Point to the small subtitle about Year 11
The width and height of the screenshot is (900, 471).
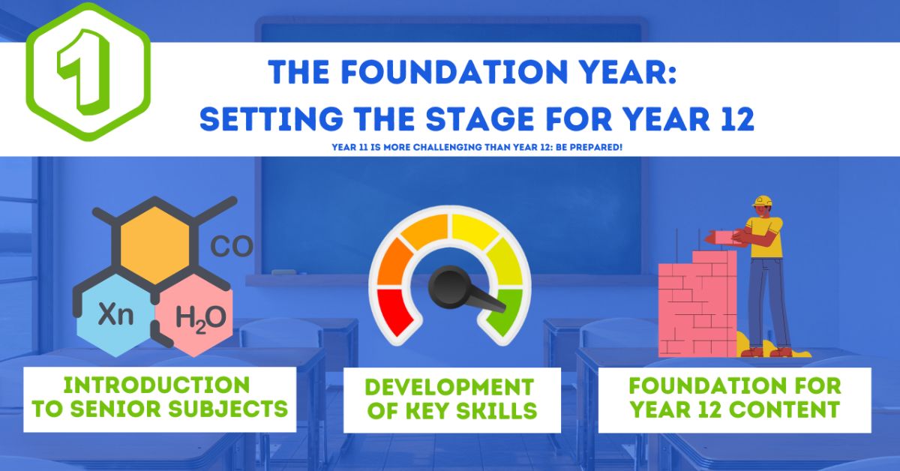(x=477, y=147)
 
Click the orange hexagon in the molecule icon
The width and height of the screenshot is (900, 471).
(x=154, y=241)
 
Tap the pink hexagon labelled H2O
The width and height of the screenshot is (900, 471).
(x=199, y=317)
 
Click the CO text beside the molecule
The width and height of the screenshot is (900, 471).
(x=232, y=247)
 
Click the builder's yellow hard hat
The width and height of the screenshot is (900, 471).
(x=763, y=202)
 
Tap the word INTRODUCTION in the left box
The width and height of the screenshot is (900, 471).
(x=156, y=385)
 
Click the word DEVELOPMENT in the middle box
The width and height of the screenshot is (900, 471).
(x=449, y=388)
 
